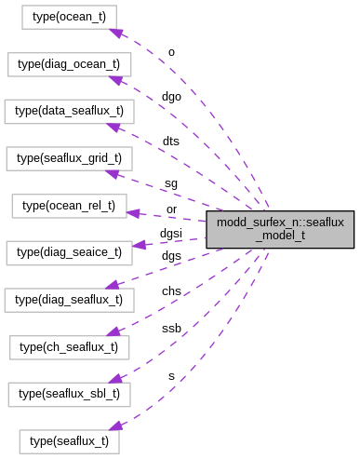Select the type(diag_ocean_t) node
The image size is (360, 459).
click(x=69, y=64)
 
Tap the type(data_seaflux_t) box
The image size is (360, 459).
click(x=69, y=111)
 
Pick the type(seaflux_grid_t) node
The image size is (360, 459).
click(x=69, y=158)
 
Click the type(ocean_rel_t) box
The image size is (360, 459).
click(x=69, y=205)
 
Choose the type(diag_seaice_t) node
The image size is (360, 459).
click(x=69, y=251)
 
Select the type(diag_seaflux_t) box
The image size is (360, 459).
click(x=69, y=299)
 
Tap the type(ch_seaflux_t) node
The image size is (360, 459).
click(x=69, y=346)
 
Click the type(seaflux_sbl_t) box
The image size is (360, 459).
click(x=69, y=393)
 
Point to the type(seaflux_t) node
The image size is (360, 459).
click(x=69, y=440)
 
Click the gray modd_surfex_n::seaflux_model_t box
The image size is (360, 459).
click(x=280, y=228)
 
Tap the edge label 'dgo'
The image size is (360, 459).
click(x=171, y=96)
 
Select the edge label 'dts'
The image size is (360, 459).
click(x=170, y=141)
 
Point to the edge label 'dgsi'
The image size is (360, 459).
click(x=170, y=233)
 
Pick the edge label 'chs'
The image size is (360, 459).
click(x=171, y=291)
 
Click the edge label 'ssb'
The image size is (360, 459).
click(x=171, y=329)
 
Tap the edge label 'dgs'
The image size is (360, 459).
click(x=171, y=255)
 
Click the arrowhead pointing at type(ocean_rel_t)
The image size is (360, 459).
click(x=133, y=213)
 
